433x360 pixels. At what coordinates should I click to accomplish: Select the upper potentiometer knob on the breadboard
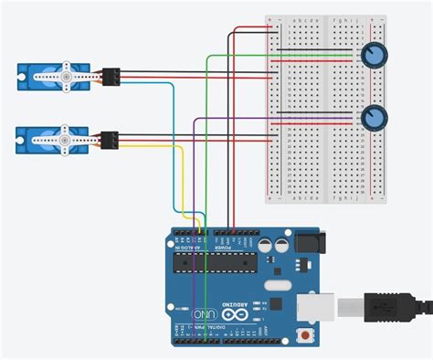(373, 56)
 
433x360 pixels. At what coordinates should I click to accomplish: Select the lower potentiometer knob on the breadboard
(373, 118)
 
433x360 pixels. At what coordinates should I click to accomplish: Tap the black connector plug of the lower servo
(111, 140)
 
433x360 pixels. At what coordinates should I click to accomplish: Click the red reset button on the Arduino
(304, 337)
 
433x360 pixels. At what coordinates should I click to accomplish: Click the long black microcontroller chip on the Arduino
(218, 264)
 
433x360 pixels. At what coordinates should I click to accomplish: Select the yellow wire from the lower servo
(183, 183)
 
